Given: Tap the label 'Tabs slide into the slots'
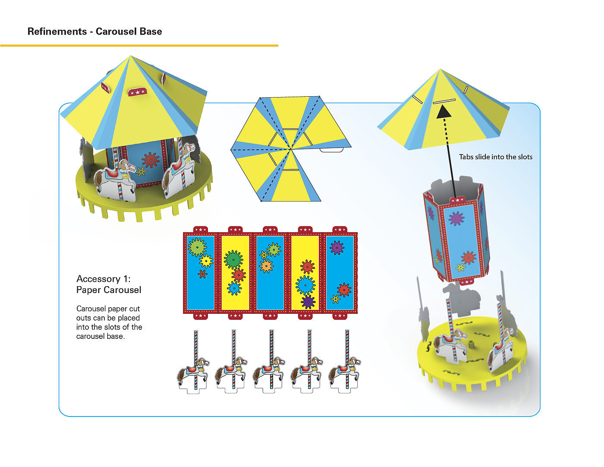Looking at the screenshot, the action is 495,157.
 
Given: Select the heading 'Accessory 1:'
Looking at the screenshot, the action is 103,279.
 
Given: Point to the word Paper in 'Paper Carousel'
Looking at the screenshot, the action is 88,290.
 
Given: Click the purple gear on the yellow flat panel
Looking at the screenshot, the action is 308,301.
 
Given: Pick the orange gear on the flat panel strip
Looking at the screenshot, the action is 266,266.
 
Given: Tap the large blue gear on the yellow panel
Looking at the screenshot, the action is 305,285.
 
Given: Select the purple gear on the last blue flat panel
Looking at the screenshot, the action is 337,247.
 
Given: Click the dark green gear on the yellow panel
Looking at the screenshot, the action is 233,259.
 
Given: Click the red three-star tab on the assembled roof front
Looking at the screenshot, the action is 137,92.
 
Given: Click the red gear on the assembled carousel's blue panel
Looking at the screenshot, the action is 150,160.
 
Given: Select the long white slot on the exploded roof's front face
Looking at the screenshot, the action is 444,101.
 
